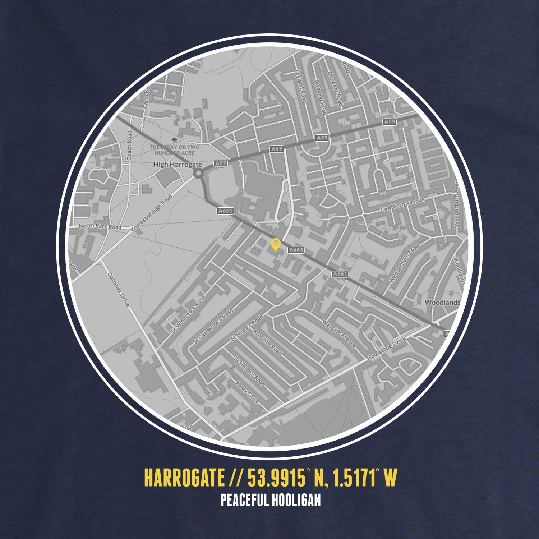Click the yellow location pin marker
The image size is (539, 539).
click(275, 244)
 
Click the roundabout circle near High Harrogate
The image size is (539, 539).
click(198, 174)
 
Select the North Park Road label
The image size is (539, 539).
click(100, 226)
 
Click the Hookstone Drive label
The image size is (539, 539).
click(387, 349)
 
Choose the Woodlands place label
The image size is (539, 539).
click(442, 302)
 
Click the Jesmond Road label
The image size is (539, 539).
click(320, 96)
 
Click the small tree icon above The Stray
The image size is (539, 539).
click(175, 140)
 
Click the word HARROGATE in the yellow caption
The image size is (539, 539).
click(184, 477)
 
